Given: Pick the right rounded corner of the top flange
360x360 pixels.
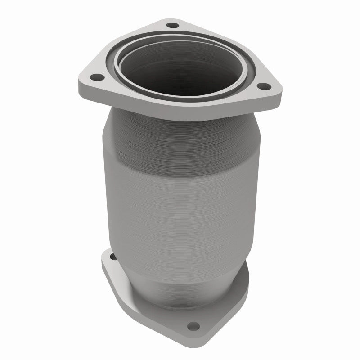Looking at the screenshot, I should click(x=277, y=90).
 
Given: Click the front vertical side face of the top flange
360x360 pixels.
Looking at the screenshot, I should click(x=180, y=110).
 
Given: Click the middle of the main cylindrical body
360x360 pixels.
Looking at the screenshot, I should click(x=180, y=193).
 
